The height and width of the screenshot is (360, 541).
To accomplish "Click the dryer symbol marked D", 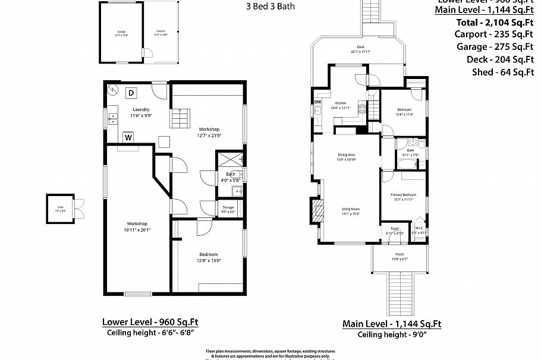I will point(131,92).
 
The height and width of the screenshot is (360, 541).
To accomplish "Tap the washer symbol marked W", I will point(128,138).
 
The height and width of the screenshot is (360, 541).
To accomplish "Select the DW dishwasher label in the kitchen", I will point(317,102).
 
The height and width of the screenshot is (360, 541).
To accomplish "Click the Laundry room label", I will point(141,109).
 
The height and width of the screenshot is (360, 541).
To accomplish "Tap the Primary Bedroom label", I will point(403,195).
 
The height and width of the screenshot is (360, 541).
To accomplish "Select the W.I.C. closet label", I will point(419,228).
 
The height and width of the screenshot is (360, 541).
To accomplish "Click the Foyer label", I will point(394,228).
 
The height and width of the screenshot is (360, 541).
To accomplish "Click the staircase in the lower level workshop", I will point(180,118).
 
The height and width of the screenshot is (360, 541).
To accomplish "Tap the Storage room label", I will point(228,207).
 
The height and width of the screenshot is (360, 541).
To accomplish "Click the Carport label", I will point(161,31).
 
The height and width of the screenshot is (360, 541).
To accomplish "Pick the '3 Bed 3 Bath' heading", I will point(270,7).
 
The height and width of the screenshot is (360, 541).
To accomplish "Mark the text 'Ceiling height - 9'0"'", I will point(392,334).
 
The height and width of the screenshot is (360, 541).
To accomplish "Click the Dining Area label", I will point(346,154).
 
